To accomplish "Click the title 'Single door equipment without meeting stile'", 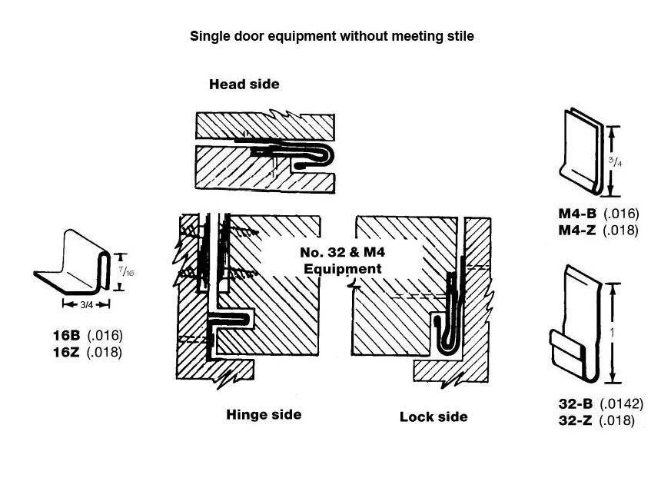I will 332,36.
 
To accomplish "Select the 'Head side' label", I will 244,85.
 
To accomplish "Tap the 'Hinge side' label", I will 264,415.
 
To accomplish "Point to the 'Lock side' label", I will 433,417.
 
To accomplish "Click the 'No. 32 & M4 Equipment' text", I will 343,261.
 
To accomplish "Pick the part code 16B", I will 68,336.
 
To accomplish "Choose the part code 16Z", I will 68,352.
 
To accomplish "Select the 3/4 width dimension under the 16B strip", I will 86,304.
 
